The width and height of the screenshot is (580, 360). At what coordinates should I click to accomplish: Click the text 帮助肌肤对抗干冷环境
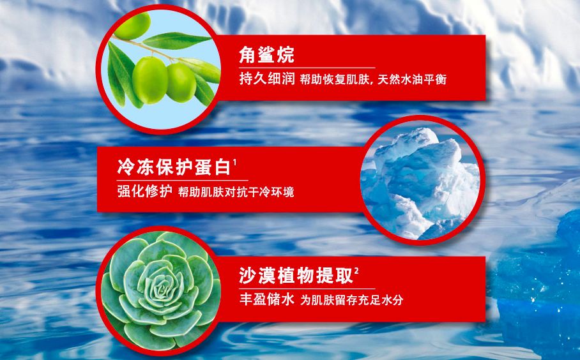[236, 191]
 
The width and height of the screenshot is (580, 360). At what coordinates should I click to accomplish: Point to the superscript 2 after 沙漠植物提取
[355, 270]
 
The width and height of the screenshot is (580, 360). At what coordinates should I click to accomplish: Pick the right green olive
[181, 82]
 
